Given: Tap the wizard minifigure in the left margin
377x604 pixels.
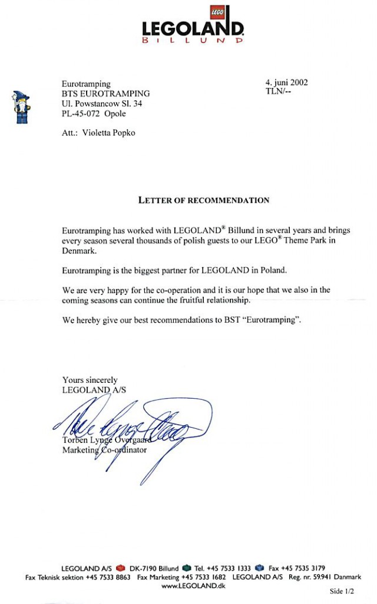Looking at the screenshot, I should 22,107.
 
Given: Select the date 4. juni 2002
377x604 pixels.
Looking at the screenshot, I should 286,83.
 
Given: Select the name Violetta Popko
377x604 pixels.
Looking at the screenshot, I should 110,133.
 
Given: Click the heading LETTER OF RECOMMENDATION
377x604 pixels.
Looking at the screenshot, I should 204,200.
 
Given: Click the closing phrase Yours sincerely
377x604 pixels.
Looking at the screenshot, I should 90,380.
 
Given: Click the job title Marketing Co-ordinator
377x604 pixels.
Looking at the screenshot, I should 105,450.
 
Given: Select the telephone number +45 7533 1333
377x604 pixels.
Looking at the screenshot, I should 227,568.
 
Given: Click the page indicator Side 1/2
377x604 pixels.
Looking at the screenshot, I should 342,590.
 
